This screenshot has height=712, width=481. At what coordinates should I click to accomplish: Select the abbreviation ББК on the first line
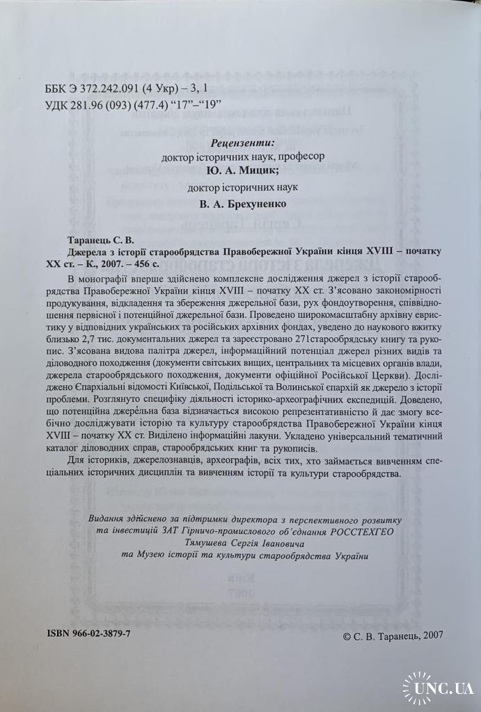[56, 89]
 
